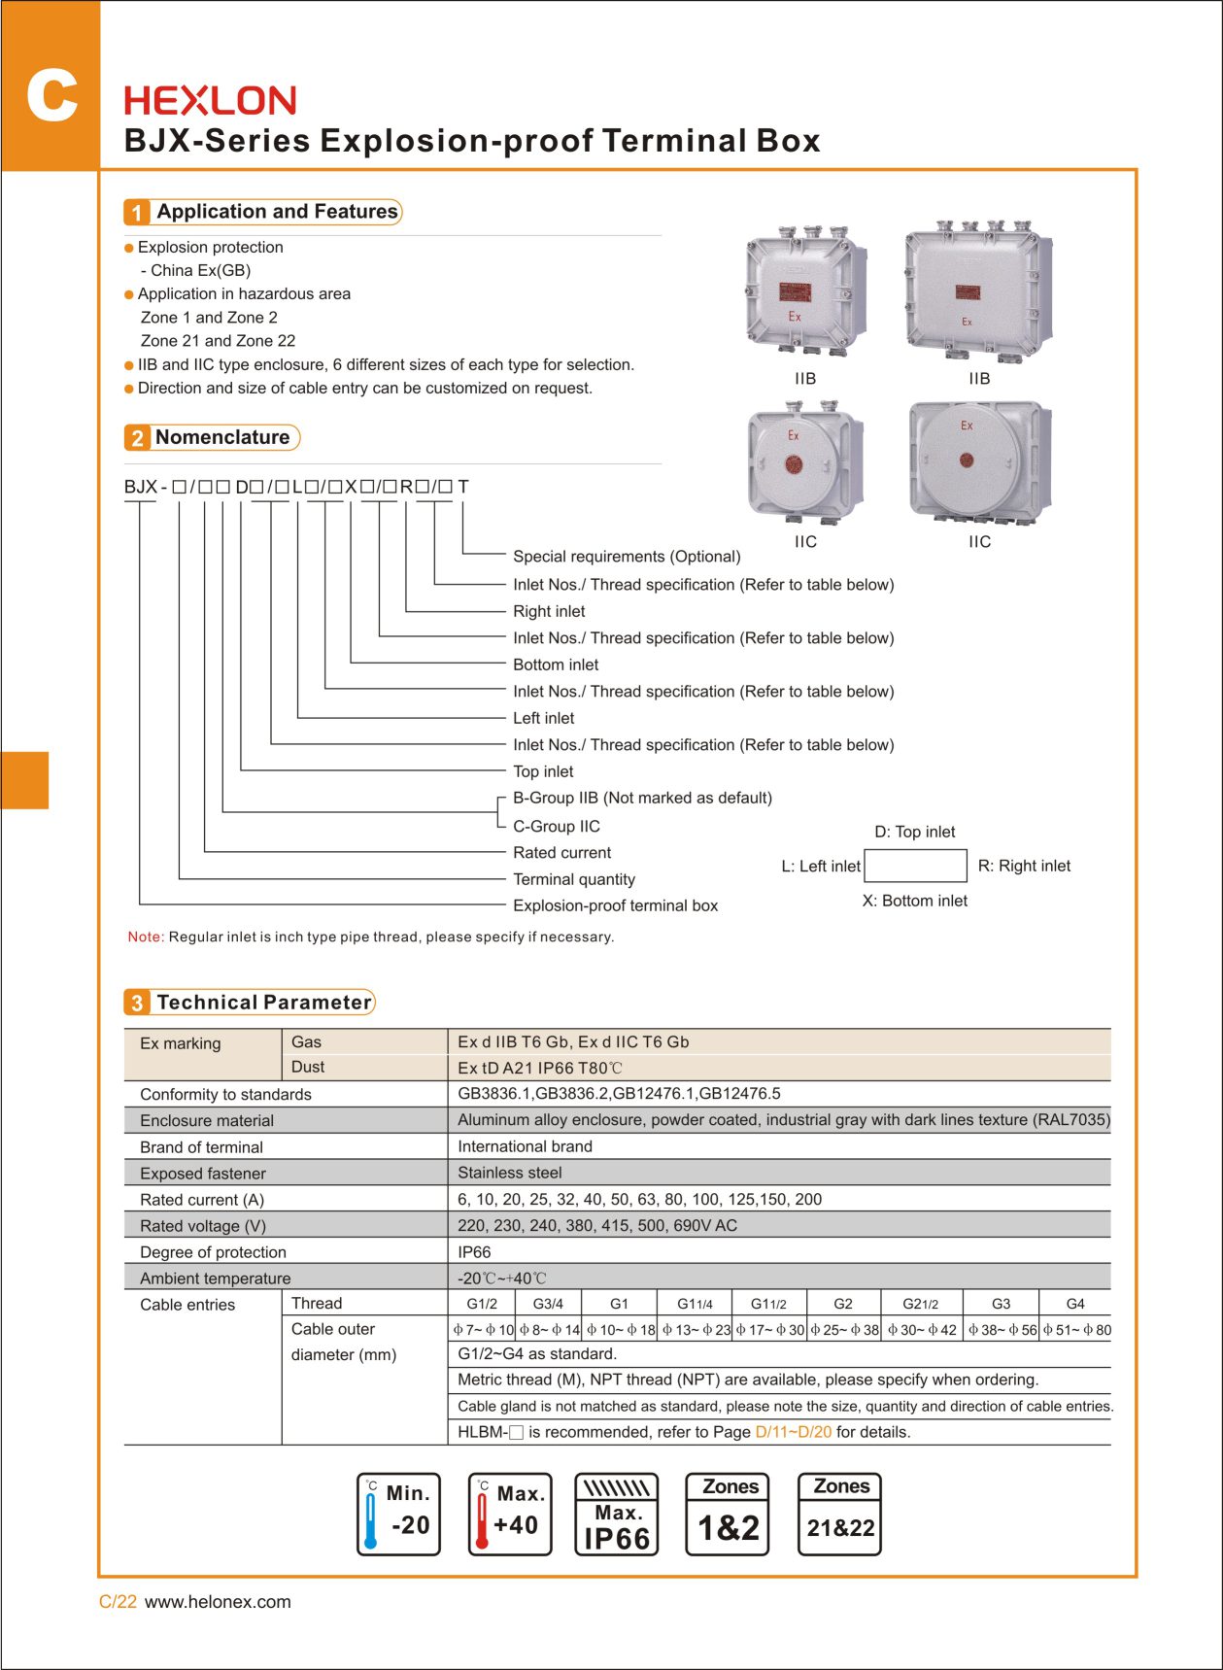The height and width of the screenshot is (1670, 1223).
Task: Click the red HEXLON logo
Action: click(x=210, y=101)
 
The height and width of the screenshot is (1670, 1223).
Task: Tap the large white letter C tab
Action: click(x=51, y=96)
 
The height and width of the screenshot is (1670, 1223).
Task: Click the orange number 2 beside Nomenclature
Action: click(x=137, y=438)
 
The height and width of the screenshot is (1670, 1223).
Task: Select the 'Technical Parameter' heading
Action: click(x=264, y=1003)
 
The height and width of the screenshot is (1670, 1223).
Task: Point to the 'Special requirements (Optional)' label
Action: click(x=627, y=557)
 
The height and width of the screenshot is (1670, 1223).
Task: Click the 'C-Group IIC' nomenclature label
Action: click(x=557, y=827)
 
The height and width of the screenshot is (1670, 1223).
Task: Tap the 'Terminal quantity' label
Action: click(x=574, y=879)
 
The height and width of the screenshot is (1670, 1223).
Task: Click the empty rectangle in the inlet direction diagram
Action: click(x=915, y=866)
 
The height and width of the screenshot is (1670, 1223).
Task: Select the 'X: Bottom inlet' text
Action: click(x=915, y=901)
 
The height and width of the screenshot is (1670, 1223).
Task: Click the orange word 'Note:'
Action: click(x=146, y=937)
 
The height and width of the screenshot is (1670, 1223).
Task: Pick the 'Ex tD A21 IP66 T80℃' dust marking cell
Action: click(x=540, y=1068)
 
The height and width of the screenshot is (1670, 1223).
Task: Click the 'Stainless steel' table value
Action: click(x=510, y=1173)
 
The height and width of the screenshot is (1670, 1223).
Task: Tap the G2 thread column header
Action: click(x=843, y=1304)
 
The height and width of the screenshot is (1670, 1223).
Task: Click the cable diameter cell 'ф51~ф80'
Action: click(x=1076, y=1330)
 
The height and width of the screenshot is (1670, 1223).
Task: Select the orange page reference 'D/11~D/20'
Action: click(x=794, y=1432)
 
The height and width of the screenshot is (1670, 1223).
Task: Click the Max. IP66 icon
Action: click(x=617, y=1515)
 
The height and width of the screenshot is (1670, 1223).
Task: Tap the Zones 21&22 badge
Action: click(x=840, y=1515)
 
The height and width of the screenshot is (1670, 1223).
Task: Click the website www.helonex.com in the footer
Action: click(x=218, y=1602)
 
